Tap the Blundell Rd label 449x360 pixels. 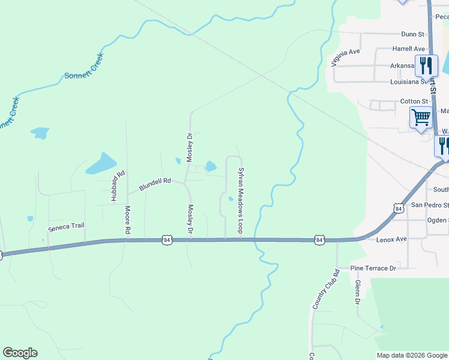[155, 184]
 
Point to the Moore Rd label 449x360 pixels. [127, 220]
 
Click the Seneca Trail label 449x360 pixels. [66, 227]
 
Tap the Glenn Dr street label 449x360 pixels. [357, 292]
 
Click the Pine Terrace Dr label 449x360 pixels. [374, 268]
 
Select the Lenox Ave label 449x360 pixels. [391, 239]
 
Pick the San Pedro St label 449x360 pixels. [429, 205]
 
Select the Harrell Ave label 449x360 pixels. [408, 49]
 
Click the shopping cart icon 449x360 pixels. [421, 117]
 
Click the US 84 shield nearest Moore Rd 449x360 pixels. [166, 240]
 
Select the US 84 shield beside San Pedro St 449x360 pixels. [399, 208]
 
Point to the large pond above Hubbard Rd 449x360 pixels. [101, 163]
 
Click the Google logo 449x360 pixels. [20, 353]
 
